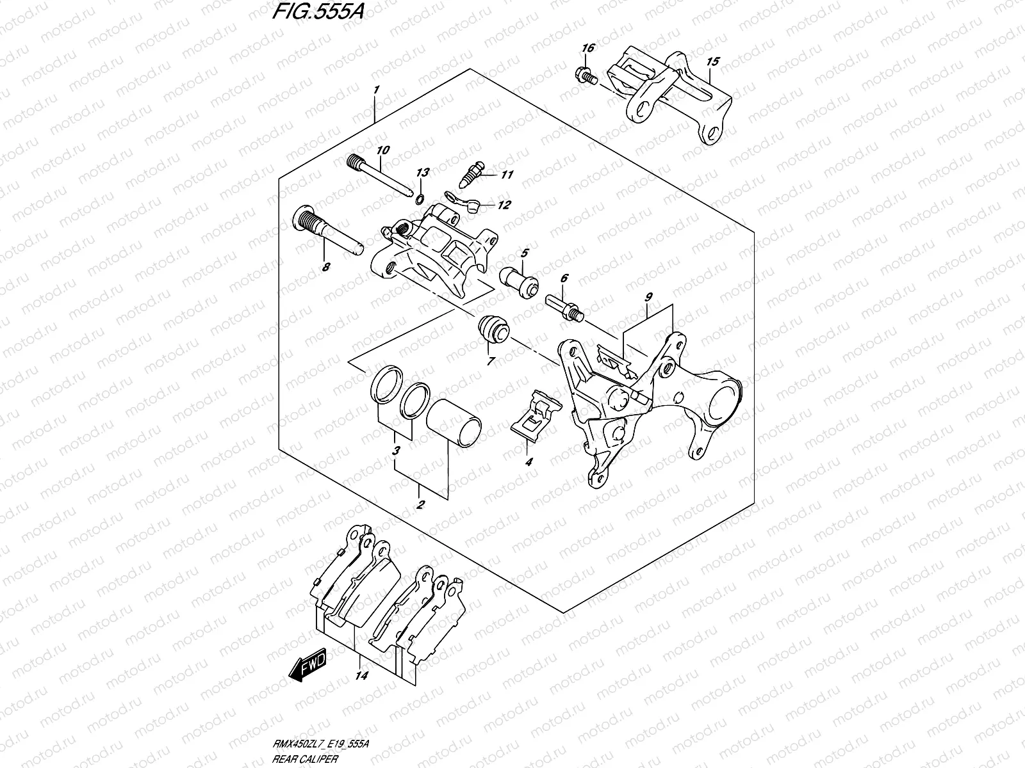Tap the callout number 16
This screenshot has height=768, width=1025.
[x=587, y=49]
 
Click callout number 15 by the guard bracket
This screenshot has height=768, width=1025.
[x=713, y=62]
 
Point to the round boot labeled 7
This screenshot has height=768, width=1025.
[x=493, y=328]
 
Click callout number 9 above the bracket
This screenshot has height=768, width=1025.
[x=648, y=297]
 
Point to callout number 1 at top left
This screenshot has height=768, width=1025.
[x=377, y=89]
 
